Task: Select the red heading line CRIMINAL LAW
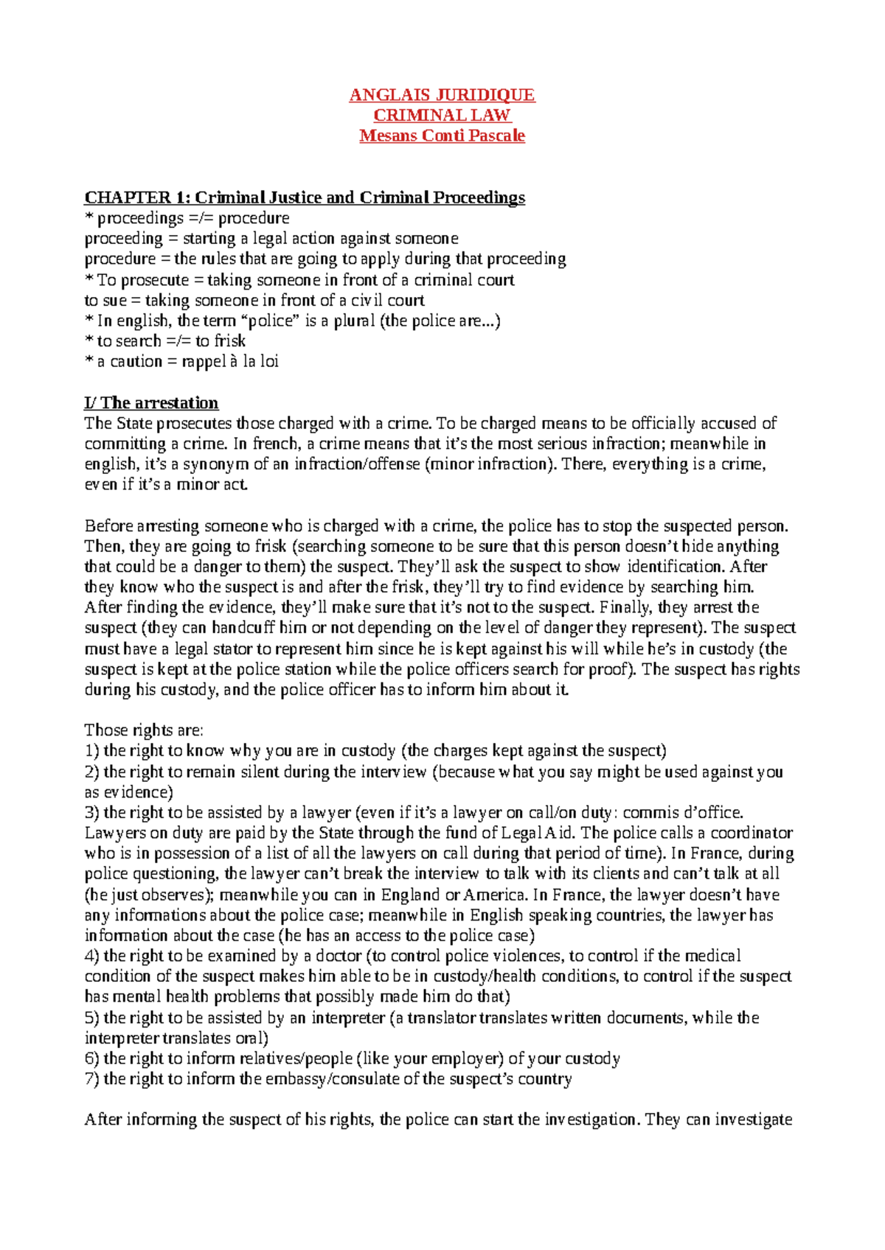(x=442, y=115)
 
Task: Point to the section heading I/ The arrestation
(x=151, y=403)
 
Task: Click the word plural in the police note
(x=354, y=321)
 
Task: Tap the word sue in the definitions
(x=114, y=301)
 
